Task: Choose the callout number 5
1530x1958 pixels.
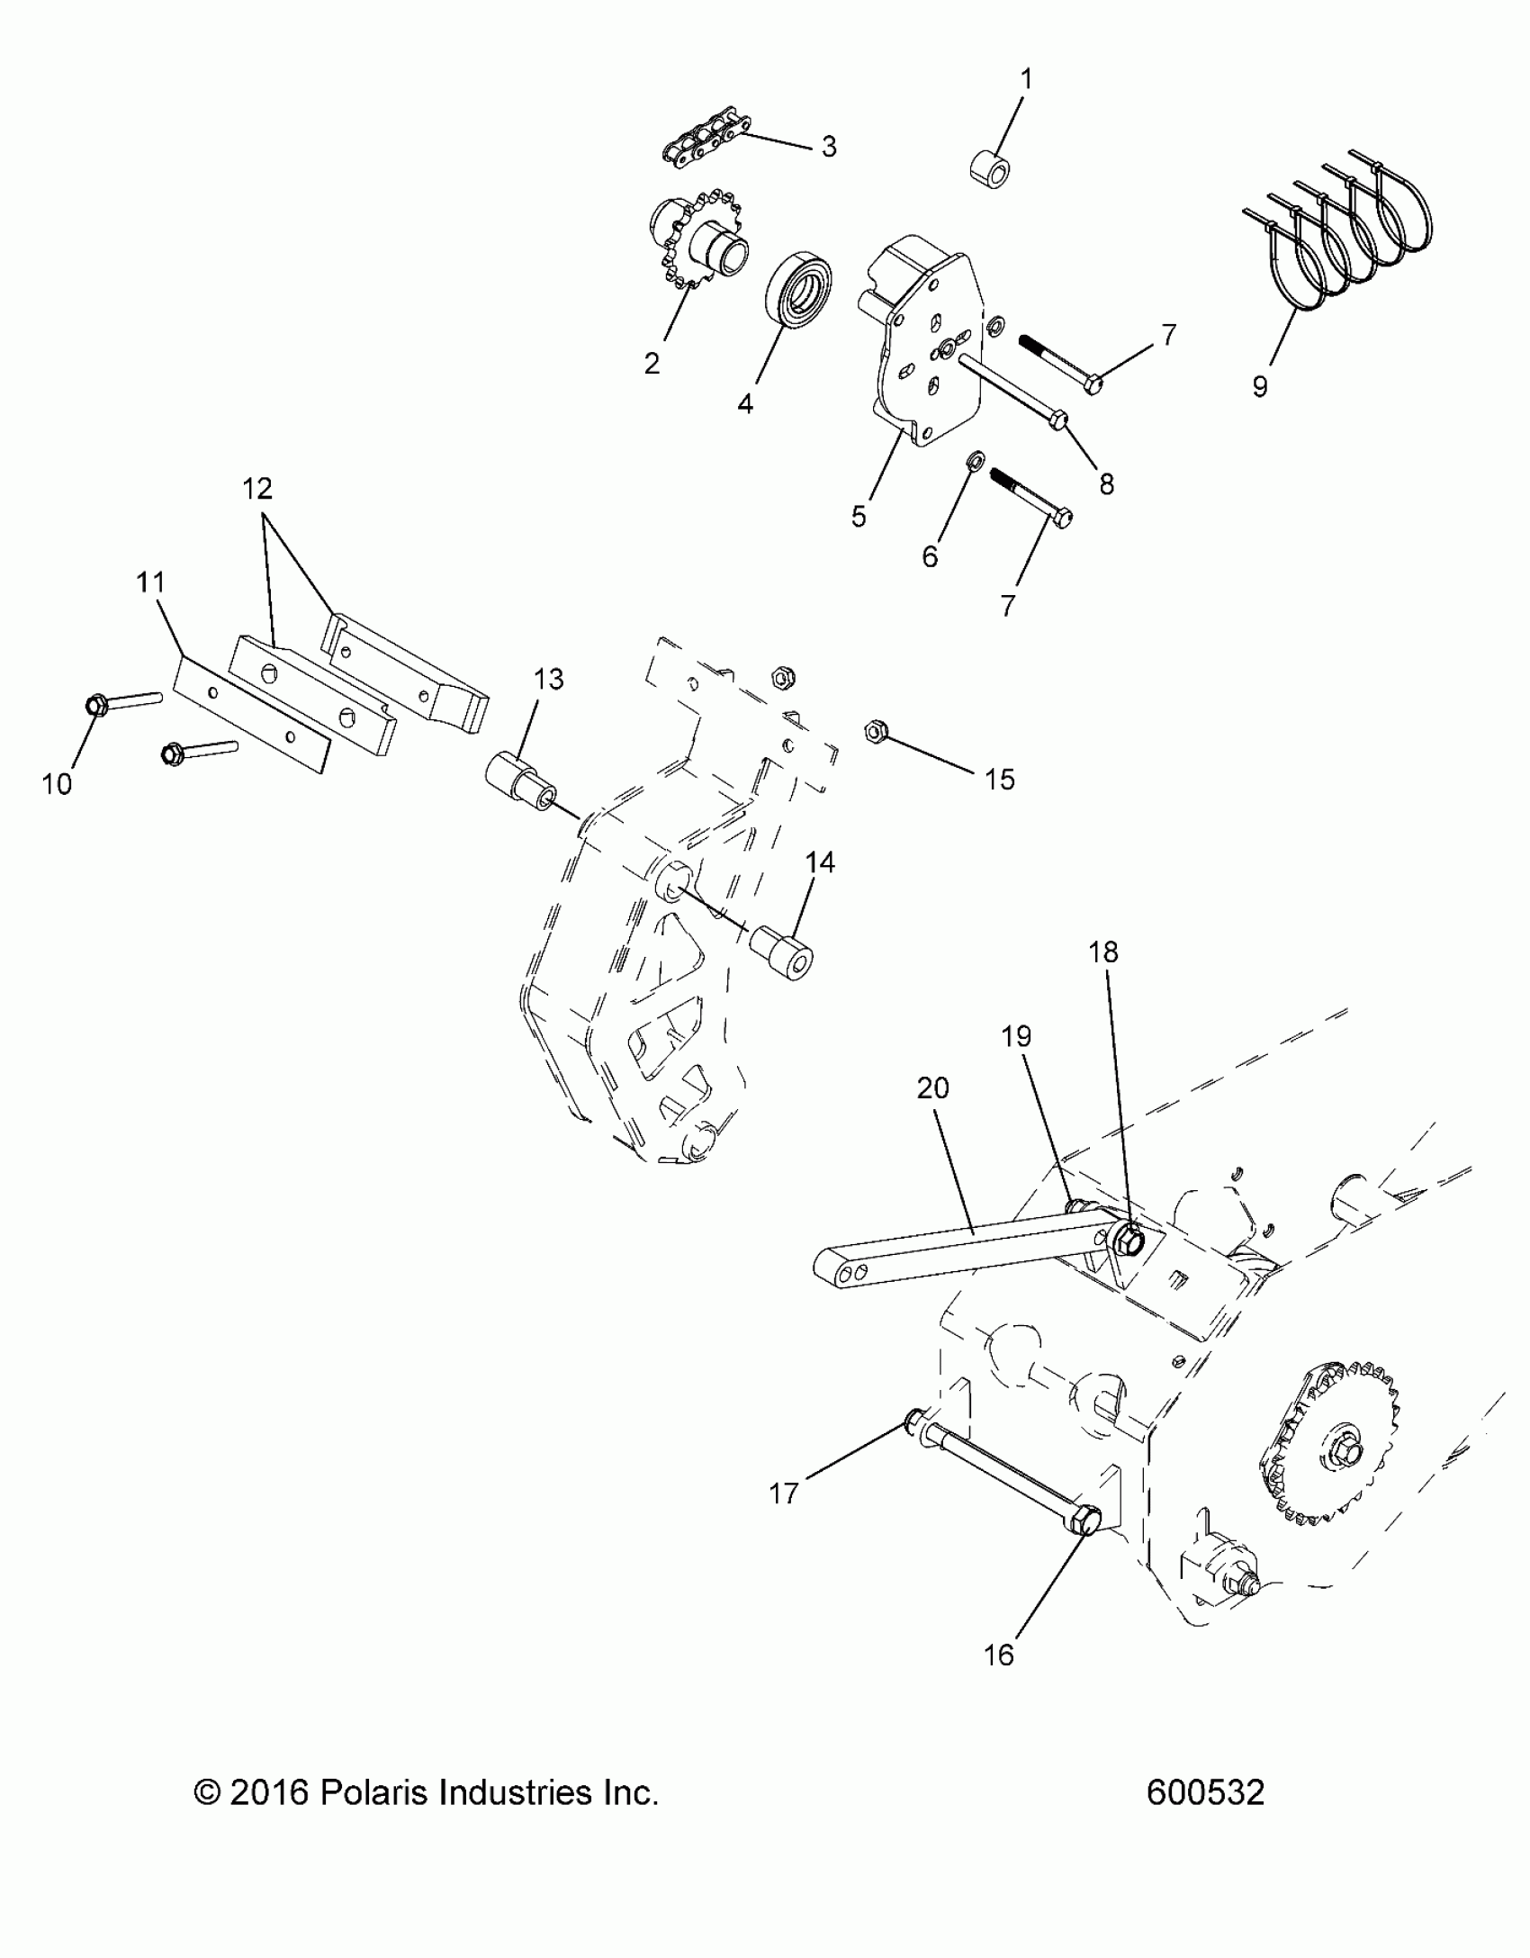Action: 859,516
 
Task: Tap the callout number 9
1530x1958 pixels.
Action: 1260,386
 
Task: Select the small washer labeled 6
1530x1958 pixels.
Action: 975,463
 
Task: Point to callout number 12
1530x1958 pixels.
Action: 257,489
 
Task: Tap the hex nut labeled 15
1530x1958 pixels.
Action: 871,729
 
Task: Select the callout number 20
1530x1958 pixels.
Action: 933,1088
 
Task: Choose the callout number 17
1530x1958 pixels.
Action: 785,1493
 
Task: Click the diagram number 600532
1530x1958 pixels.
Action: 1205,1792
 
